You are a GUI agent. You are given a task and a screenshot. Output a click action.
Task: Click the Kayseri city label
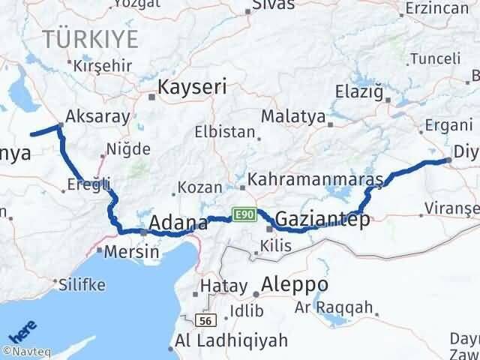[x=191, y=87]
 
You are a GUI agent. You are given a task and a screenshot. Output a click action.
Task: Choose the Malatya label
[x=293, y=117]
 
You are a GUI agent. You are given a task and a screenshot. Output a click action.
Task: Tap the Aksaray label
[x=97, y=116]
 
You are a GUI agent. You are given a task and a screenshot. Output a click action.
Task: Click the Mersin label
[x=132, y=251]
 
